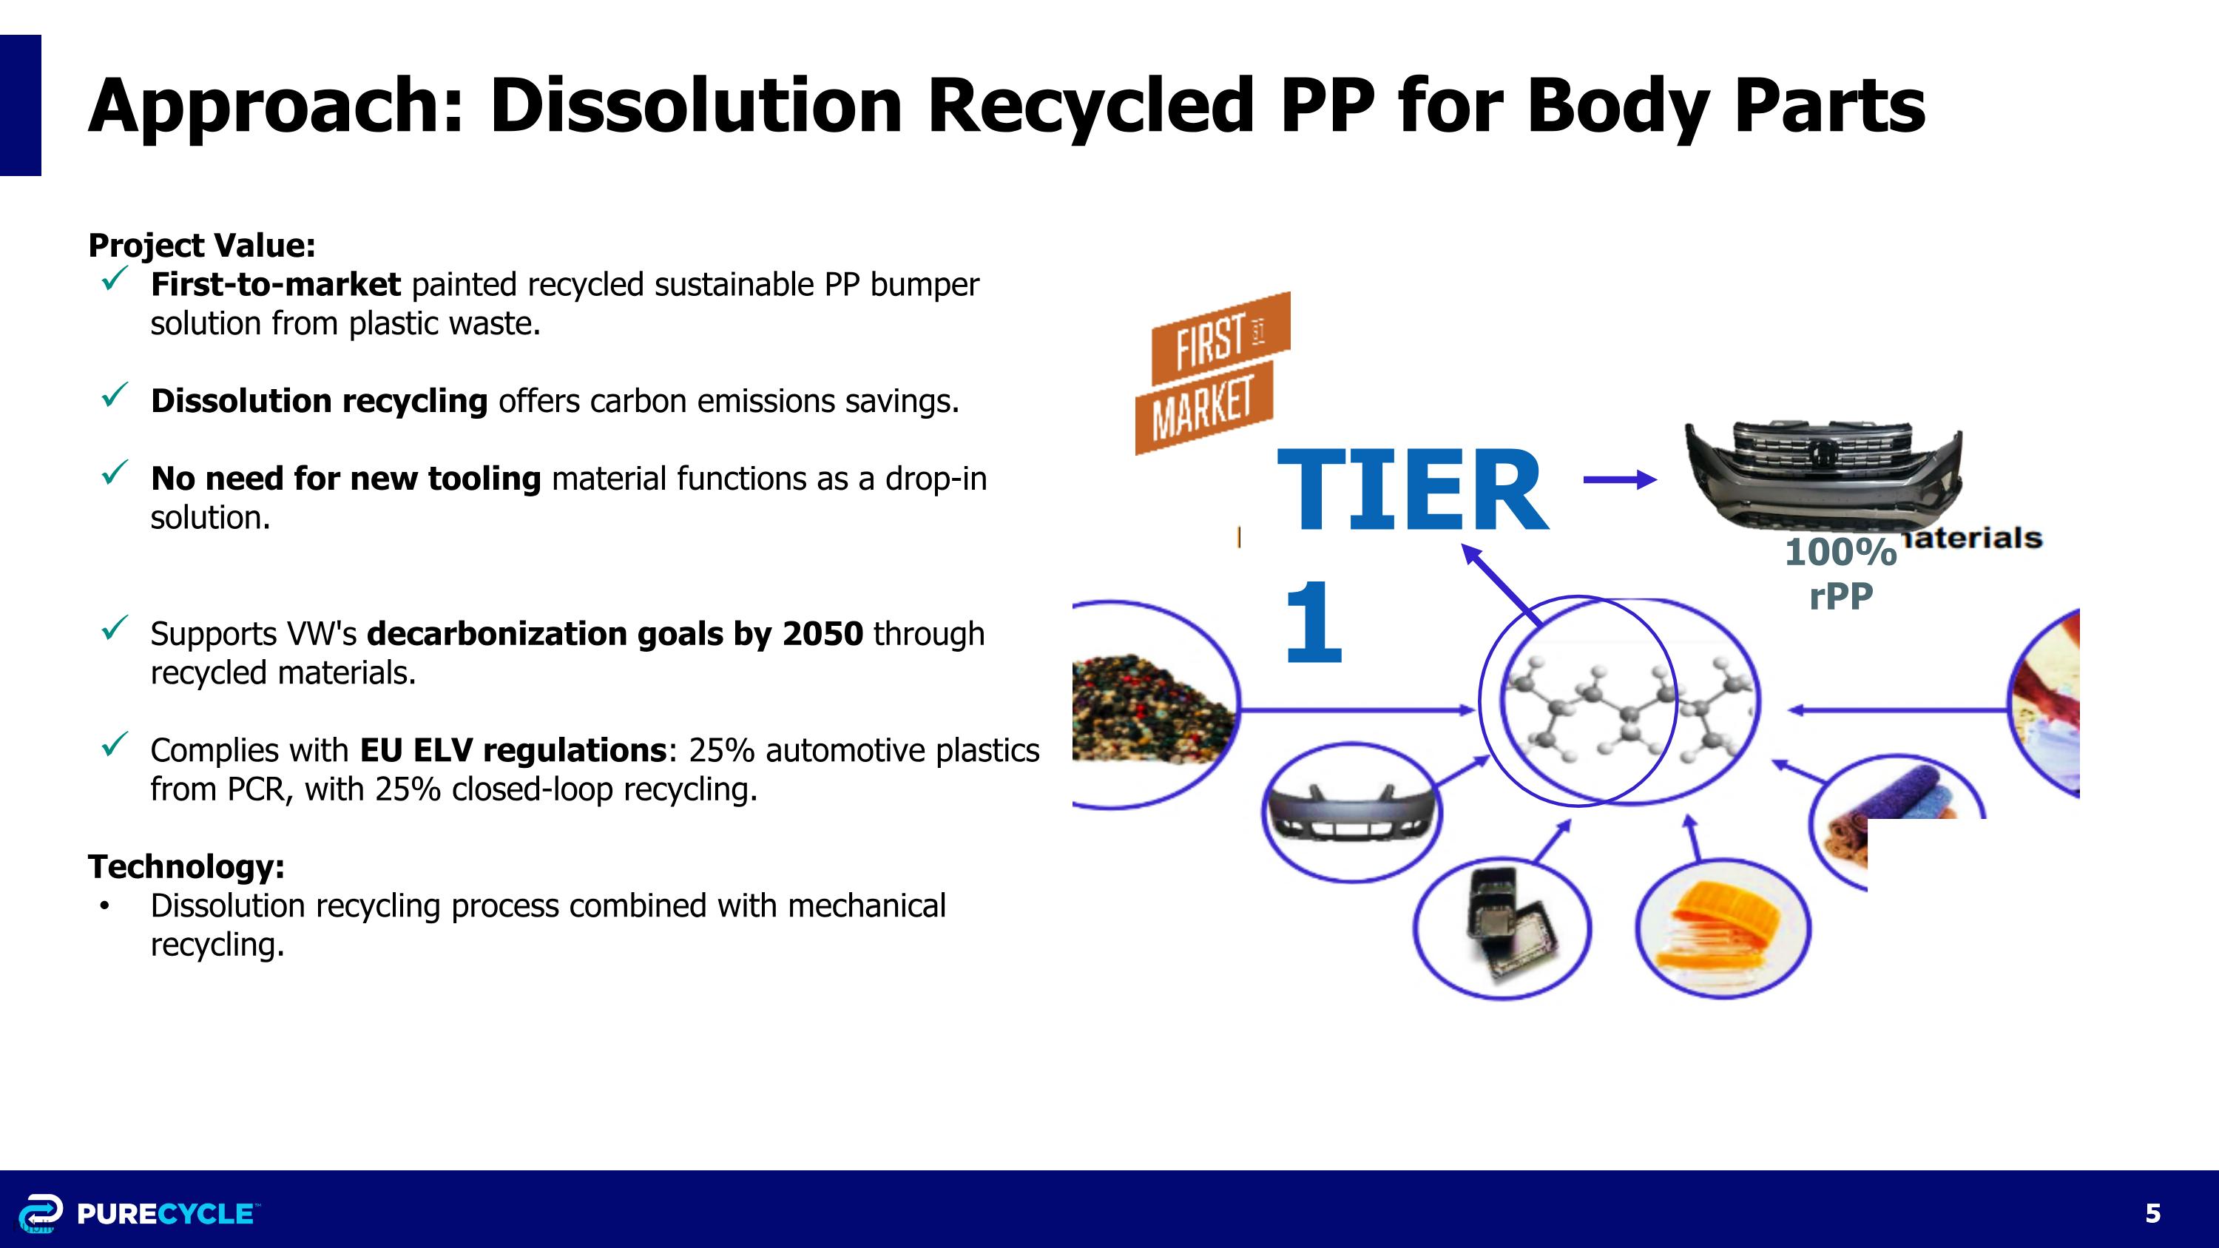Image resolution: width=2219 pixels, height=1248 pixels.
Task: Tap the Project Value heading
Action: [x=202, y=246]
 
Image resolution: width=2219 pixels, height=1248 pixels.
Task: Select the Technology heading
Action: [x=186, y=866]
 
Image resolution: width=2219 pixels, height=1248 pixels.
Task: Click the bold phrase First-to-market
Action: [x=275, y=284]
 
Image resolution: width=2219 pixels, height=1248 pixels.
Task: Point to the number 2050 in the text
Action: [x=822, y=634]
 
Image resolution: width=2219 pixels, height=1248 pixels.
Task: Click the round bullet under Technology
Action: [x=104, y=906]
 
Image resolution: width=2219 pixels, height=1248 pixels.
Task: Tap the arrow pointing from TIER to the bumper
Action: [x=1619, y=479]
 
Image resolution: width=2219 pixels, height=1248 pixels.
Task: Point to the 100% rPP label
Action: [x=1841, y=573]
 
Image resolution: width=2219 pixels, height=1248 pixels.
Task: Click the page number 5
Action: [x=2152, y=1213]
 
